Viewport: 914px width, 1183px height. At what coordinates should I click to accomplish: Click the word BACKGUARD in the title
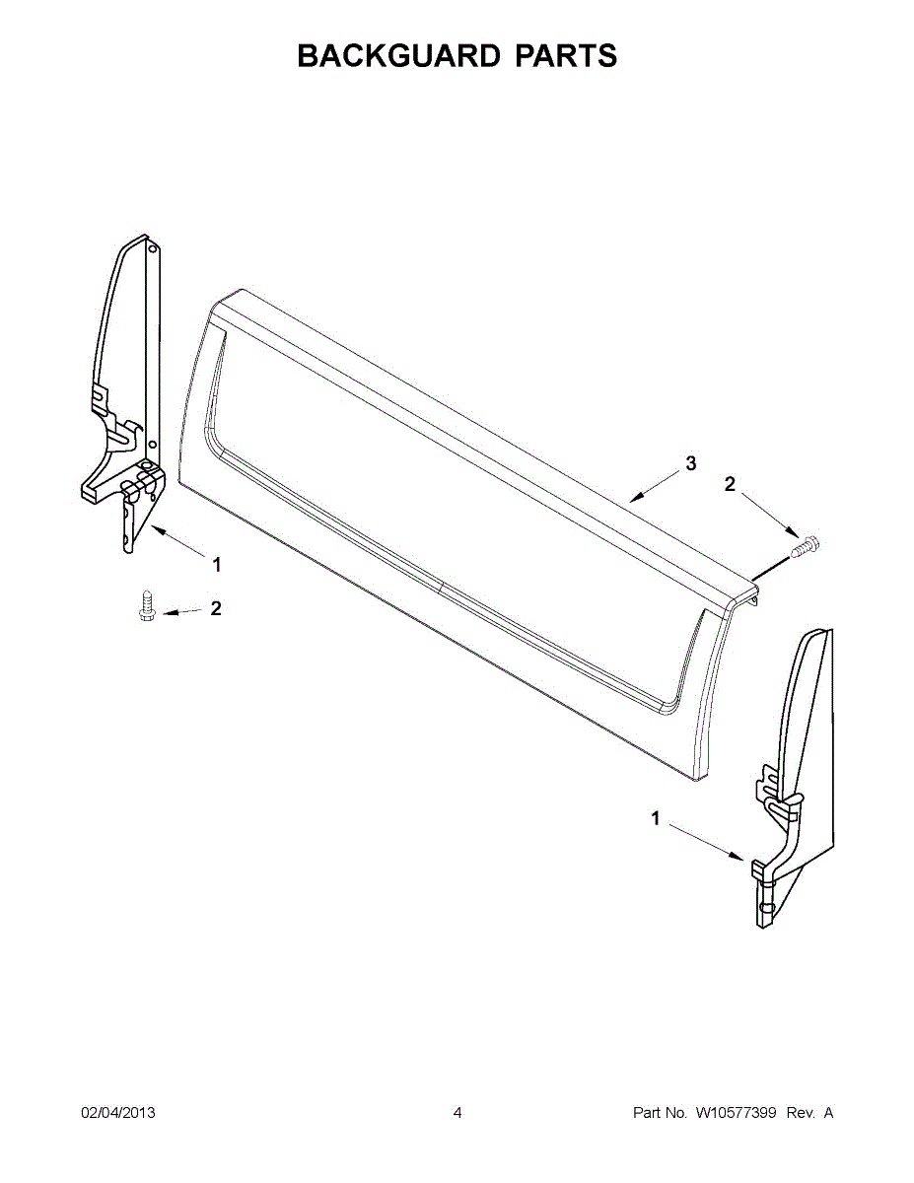click(398, 55)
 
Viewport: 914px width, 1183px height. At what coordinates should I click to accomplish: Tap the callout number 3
click(690, 464)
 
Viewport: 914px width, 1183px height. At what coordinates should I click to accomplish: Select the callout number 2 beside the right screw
click(730, 484)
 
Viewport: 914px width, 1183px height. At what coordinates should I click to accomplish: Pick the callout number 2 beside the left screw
click(216, 608)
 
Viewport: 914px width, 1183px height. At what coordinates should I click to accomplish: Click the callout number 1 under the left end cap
click(217, 565)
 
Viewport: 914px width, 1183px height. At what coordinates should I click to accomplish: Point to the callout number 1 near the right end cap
click(656, 833)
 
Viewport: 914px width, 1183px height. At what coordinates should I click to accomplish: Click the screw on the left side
click(145, 604)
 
